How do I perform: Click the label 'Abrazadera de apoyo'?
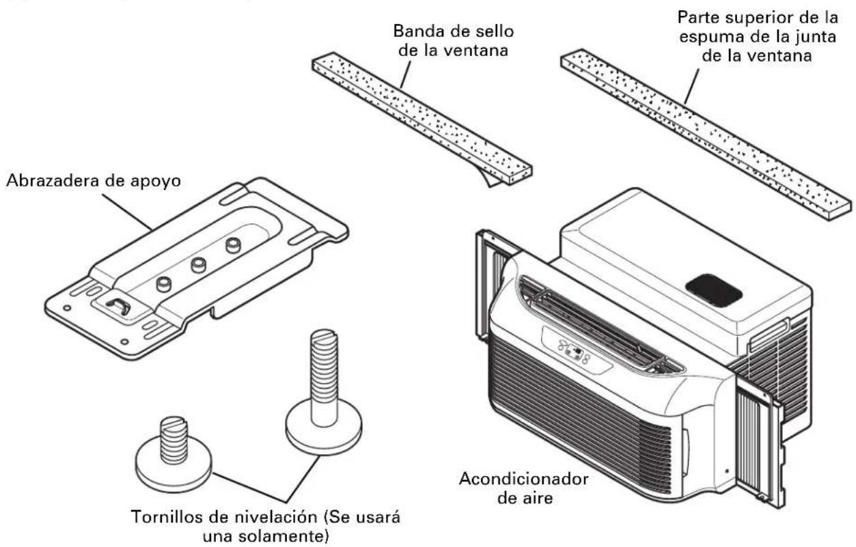[93, 181]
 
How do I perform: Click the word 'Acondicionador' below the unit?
[523, 479]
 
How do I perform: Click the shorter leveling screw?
[174, 454]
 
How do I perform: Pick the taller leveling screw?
[324, 392]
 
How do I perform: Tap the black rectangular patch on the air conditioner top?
[714, 291]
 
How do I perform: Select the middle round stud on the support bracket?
[198, 264]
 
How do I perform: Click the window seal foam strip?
[422, 118]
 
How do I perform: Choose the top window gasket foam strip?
[706, 135]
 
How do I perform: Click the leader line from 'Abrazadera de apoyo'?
[127, 212]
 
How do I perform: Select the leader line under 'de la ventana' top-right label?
[691, 86]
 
